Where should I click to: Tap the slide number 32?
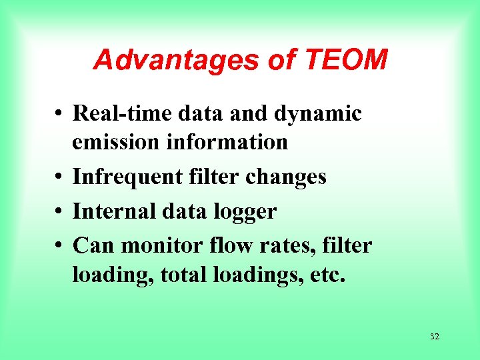pos(435,337)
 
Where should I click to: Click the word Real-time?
pos(121,113)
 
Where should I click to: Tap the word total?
pos(183,275)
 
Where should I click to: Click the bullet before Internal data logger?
pos(59,213)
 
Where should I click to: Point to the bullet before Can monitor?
pos(59,247)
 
